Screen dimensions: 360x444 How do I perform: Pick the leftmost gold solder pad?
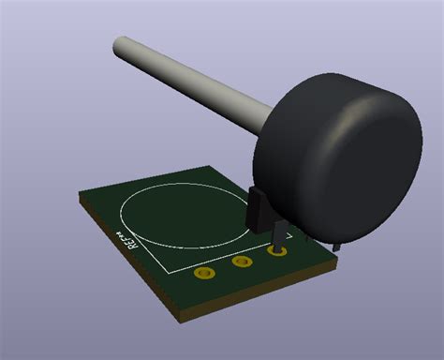tap(204, 274)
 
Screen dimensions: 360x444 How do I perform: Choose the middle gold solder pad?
tap(243, 262)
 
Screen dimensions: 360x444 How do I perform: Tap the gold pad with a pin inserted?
tap(278, 251)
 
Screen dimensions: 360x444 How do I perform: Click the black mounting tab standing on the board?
tap(259, 208)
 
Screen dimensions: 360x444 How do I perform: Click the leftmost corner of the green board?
tap(79, 196)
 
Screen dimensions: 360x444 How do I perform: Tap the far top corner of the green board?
tap(214, 167)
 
